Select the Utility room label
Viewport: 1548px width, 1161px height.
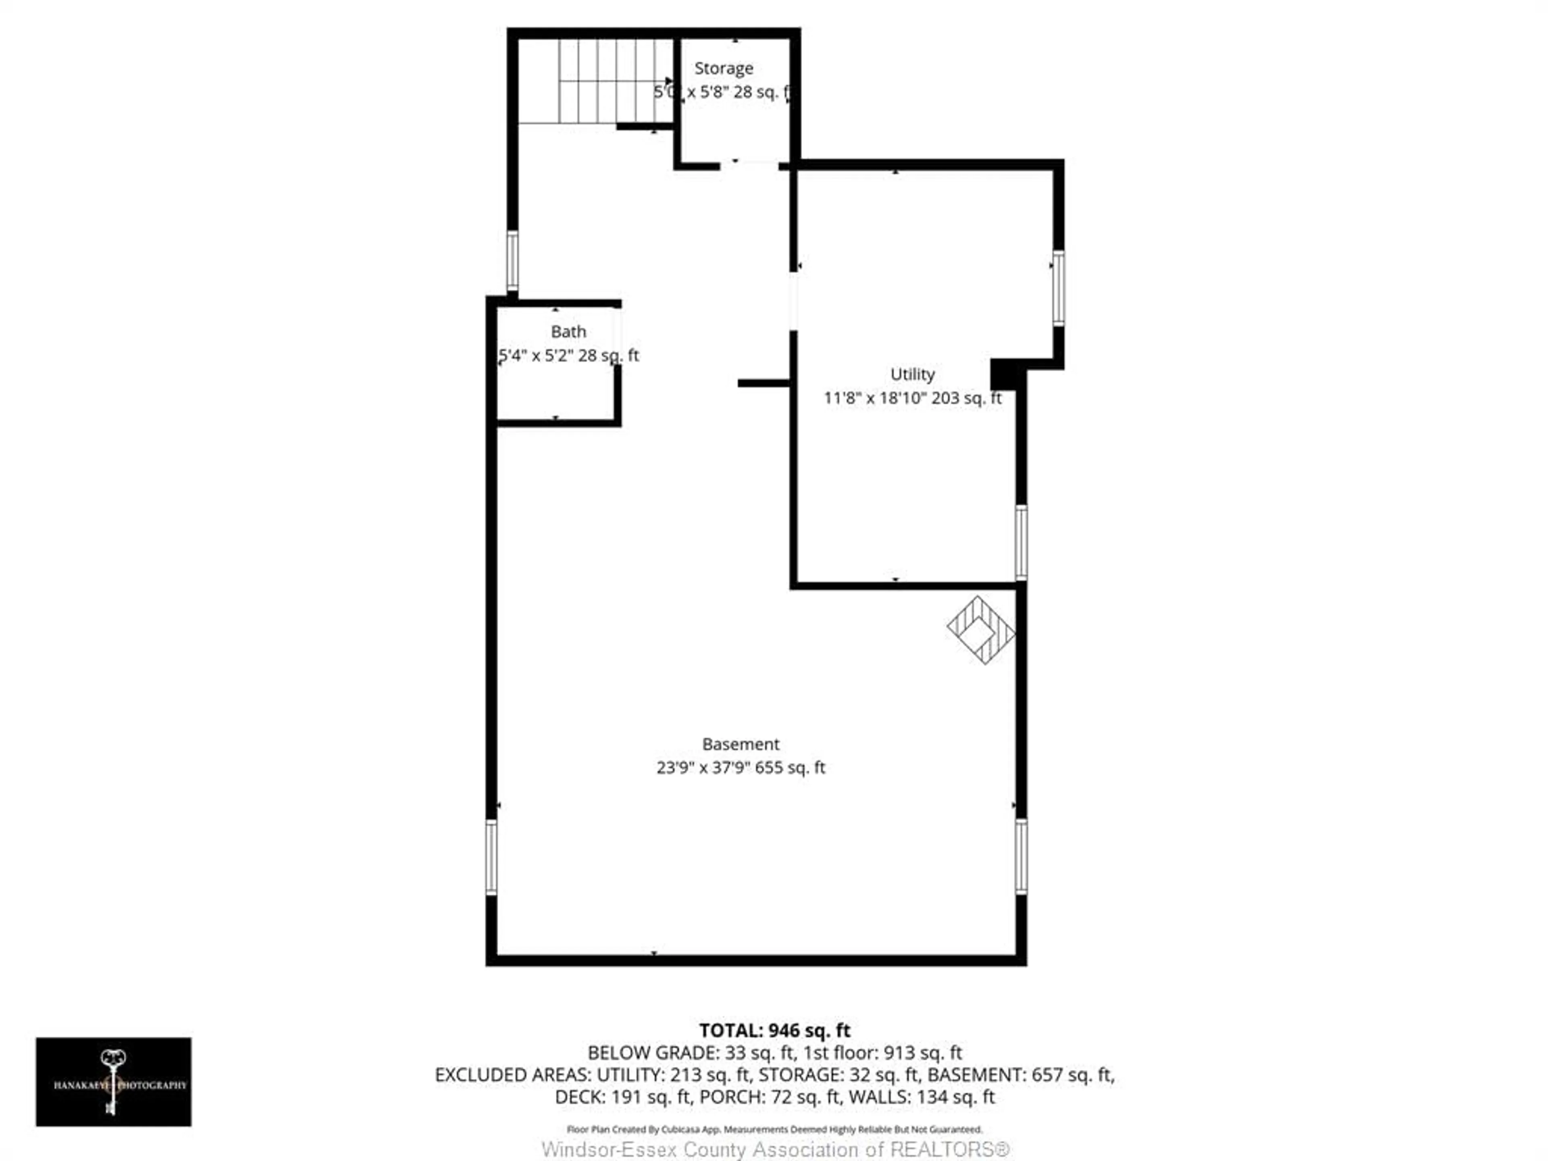[912, 375]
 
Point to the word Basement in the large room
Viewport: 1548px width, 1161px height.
[741, 744]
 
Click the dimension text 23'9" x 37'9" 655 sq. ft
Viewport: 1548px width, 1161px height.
[741, 768]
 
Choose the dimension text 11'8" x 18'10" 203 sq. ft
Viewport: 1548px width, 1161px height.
[912, 398]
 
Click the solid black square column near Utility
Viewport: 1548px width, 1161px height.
[1004, 374]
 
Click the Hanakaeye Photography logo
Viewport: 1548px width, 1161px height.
[113, 1082]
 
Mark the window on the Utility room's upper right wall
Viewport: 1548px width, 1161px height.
[1058, 287]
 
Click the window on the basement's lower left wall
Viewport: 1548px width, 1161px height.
[491, 857]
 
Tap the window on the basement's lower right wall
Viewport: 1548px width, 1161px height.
[1021, 857]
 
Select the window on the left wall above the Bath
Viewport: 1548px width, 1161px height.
[512, 261]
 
